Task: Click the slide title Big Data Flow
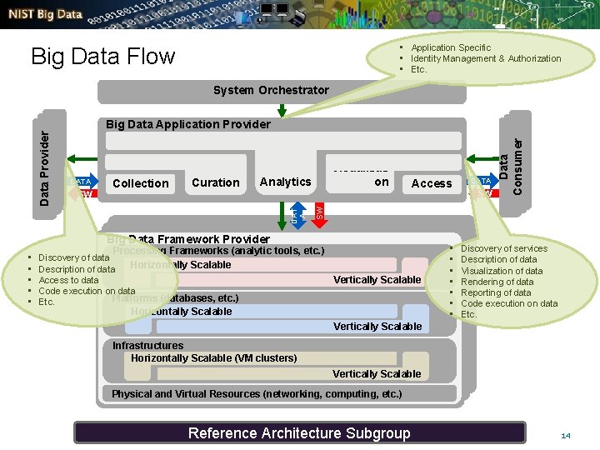(x=102, y=57)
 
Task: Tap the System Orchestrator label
(x=271, y=90)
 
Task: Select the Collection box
(x=140, y=183)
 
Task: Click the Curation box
(x=215, y=182)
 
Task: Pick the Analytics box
(x=285, y=182)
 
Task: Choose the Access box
(x=431, y=183)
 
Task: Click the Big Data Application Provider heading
(x=188, y=124)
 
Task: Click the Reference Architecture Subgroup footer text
(x=299, y=432)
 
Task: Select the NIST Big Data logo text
(x=47, y=13)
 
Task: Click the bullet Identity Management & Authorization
(x=486, y=58)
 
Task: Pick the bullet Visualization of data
(x=502, y=271)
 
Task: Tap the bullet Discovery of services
(x=504, y=248)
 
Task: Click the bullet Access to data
(x=68, y=280)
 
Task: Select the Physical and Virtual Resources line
(x=257, y=393)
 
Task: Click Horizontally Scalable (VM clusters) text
(x=213, y=357)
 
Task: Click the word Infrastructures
(x=148, y=345)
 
